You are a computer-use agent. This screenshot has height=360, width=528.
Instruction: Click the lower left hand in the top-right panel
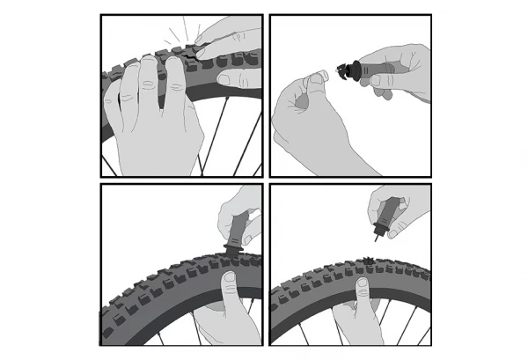(308, 123)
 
